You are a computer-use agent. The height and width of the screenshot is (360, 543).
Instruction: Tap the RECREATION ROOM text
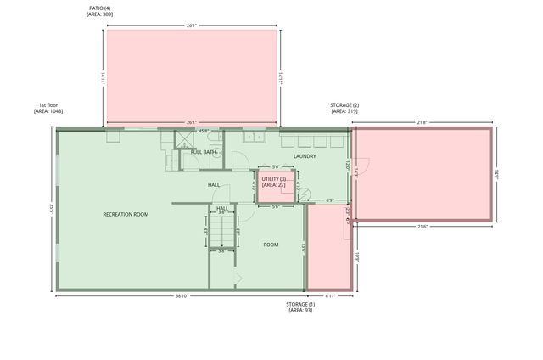pyautogui.click(x=126, y=214)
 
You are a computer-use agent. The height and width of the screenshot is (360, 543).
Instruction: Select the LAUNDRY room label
pyautogui.click(x=305, y=156)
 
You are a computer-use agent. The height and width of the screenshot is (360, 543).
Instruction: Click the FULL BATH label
pyautogui.click(x=204, y=152)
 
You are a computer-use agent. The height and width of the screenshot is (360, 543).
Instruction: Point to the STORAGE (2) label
pyautogui.click(x=344, y=105)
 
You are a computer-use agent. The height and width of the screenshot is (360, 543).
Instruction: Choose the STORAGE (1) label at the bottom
pyautogui.click(x=299, y=304)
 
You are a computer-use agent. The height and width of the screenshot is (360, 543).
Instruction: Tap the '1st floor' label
pyautogui.click(x=48, y=105)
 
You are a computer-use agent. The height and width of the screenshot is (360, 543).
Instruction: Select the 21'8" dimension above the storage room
pyautogui.click(x=422, y=122)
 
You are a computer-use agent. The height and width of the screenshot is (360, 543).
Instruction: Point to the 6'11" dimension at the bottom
pyautogui.click(x=329, y=296)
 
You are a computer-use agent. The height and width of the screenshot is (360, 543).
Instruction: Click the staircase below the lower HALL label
pyautogui.click(x=221, y=230)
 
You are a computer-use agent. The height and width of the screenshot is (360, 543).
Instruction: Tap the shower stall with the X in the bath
pyautogui.click(x=182, y=138)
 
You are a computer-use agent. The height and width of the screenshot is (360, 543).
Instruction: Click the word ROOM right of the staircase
pyautogui.click(x=271, y=245)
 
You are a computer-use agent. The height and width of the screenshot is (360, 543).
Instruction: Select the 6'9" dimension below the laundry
pyautogui.click(x=329, y=201)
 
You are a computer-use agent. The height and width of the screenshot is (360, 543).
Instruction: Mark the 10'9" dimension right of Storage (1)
pyautogui.click(x=357, y=255)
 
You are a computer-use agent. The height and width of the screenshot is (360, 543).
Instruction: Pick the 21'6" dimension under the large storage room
pyautogui.click(x=422, y=226)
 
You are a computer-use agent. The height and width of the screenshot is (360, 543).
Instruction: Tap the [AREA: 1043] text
pyautogui.click(x=48, y=112)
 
